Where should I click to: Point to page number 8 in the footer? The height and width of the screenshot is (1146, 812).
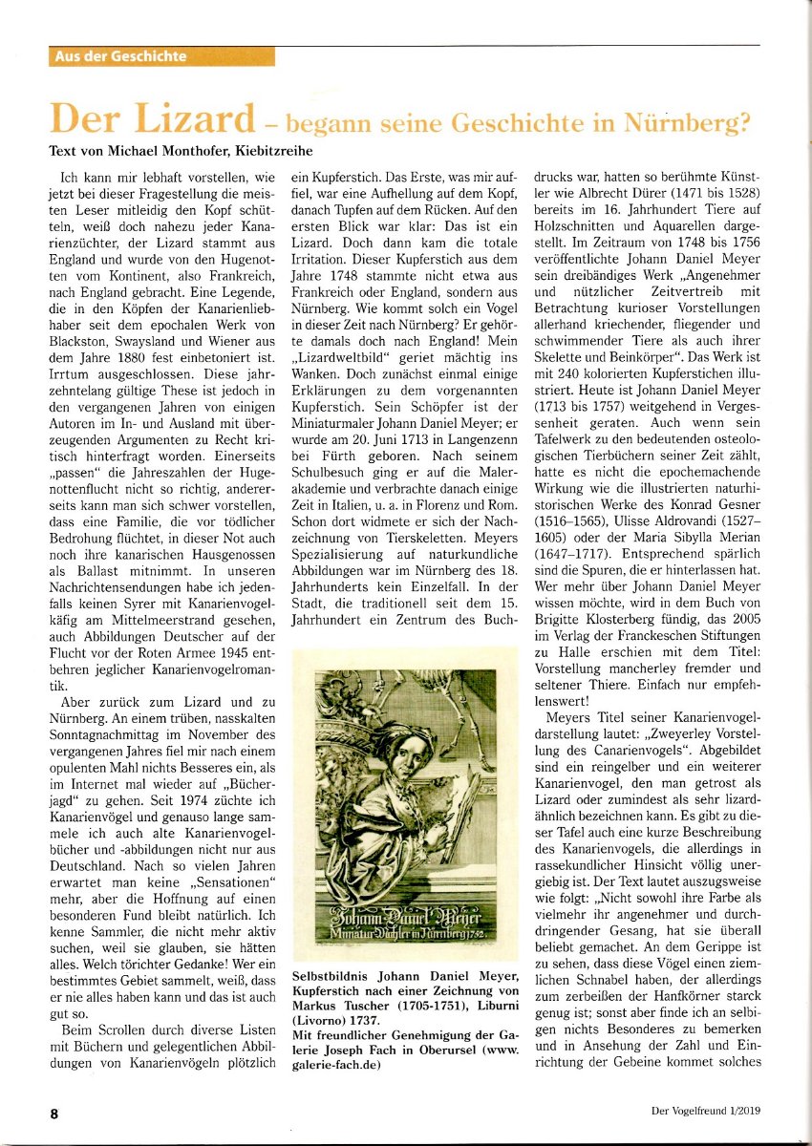[x=54, y=1113]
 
